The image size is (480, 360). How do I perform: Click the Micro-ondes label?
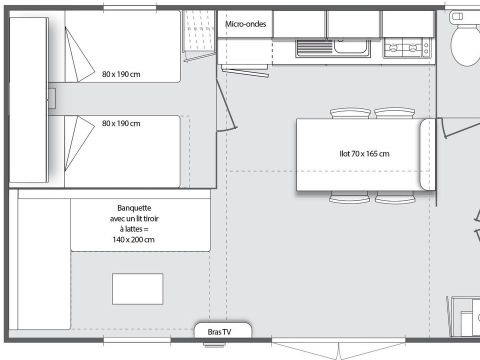246,24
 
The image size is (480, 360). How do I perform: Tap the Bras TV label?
219,332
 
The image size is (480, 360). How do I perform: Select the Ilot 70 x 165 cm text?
364,154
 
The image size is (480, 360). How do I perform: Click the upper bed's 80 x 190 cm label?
121,74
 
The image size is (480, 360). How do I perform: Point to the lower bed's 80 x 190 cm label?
121,123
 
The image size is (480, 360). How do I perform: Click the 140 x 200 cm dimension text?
133,240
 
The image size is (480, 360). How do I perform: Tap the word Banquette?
134,208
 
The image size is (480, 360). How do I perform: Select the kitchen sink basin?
351,46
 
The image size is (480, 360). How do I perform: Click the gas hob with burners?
407,48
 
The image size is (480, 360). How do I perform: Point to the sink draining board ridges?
314,47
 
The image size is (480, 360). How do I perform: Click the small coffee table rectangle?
138,289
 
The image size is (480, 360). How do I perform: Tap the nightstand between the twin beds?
52,99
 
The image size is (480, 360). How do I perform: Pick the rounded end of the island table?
427,154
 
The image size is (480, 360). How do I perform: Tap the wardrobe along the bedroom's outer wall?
29,100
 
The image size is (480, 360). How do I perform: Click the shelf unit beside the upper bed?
199,31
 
